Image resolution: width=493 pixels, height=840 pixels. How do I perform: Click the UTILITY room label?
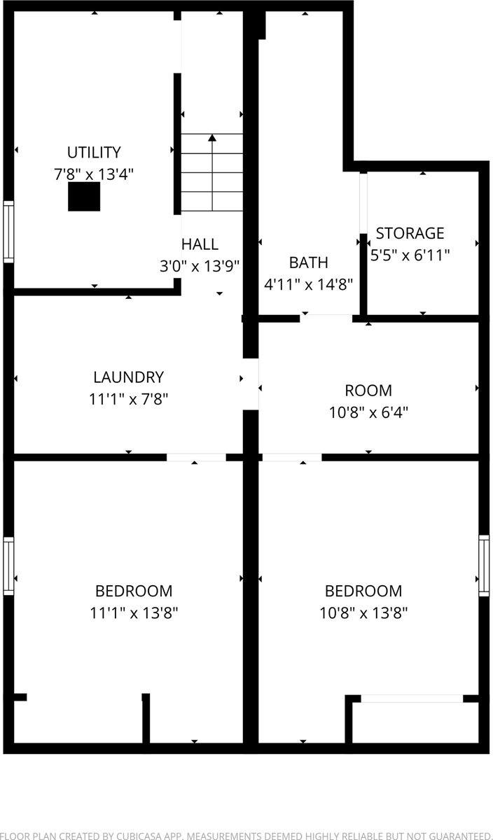(x=94, y=152)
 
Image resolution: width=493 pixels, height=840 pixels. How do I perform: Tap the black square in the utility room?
(x=84, y=197)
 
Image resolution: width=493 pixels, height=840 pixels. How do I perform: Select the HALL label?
(x=200, y=244)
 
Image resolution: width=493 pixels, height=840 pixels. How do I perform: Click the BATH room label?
(x=308, y=262)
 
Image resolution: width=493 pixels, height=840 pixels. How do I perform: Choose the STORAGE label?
(x=410, y=233)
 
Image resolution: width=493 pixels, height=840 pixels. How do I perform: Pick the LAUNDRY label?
(x=128, y=377)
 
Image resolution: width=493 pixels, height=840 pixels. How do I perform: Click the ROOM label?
(x=368, y=391)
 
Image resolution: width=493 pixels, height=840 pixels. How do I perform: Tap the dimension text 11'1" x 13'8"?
(x=134, y=613)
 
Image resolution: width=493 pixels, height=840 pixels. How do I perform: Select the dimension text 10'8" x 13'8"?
(x=363, y=613)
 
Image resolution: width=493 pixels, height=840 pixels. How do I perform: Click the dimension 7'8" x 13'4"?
(x=94, y=174)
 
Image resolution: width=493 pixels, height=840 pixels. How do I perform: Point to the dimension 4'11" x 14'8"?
(x=308, y=284)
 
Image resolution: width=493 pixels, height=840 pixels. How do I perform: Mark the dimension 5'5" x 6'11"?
(x=410, y=255)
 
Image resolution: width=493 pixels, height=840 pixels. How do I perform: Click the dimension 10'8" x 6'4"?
(x=368, y=412)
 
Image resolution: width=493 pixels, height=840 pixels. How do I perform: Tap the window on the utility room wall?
(x=8, y=232)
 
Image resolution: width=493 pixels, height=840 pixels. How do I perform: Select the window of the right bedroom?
(x=484, y=566)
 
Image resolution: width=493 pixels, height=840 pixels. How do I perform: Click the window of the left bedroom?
(x=8, y=566)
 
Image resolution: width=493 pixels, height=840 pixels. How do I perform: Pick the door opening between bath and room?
(x=326, y=318)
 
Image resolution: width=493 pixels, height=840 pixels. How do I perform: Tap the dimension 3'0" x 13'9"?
(x=200, y=266)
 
